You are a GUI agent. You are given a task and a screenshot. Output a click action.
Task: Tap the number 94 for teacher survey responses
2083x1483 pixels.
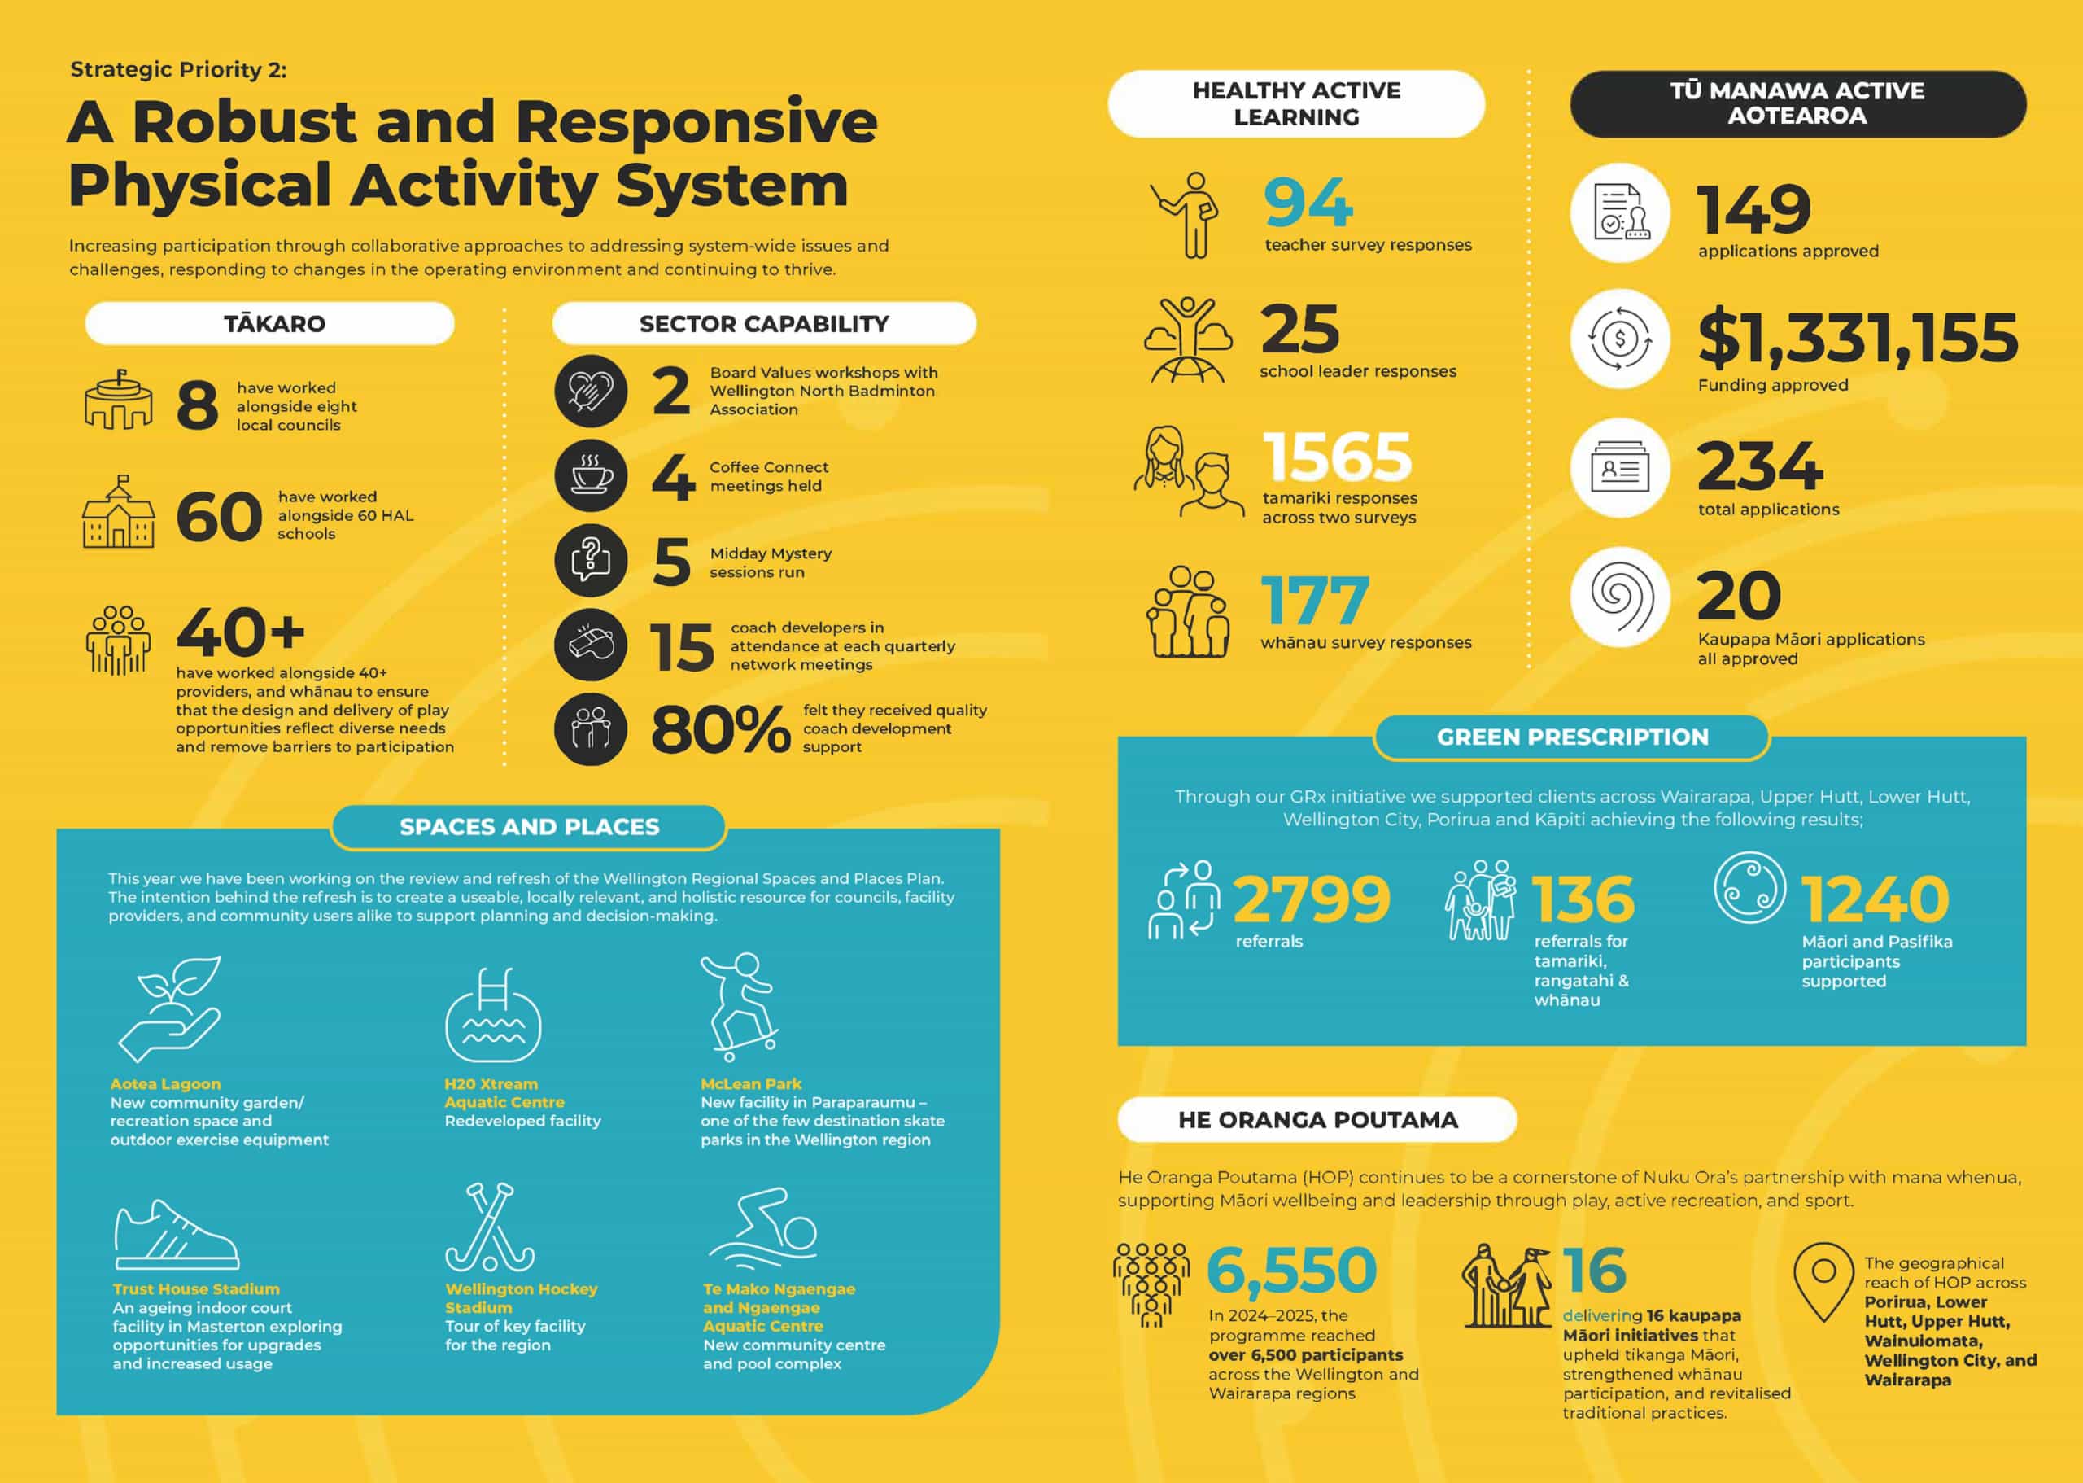[1308, 203]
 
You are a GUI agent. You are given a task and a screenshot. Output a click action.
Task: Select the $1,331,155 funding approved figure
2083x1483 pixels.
[1858, 337]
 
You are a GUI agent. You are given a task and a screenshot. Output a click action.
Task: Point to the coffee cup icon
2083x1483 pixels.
[591, 476]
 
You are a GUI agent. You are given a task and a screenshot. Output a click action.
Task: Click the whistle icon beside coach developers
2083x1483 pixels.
[591, 645]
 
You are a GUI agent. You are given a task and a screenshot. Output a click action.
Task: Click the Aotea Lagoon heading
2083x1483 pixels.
[165, 1084]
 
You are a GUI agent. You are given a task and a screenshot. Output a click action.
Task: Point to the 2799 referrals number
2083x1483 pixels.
[1312, 899]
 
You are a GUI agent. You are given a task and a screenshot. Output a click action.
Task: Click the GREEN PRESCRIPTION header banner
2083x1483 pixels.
[1571, 737]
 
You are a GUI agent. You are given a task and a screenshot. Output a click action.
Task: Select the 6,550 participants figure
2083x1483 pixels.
[1291, 1271]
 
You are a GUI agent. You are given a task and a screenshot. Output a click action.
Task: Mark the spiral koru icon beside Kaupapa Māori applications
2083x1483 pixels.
[1620, 597]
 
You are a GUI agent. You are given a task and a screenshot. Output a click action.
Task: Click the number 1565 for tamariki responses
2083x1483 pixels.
[1337, 457]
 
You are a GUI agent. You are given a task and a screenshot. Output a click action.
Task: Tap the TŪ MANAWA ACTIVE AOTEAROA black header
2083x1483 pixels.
[1797, 103]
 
